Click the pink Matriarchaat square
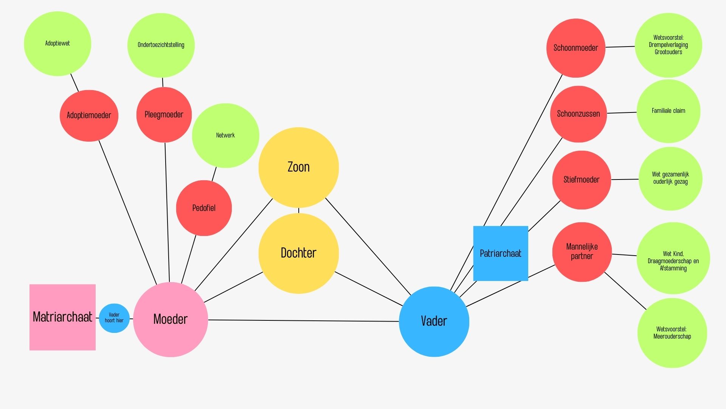tap(62, 317)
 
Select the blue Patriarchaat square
tap(500, 253)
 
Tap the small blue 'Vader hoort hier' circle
tap(114, 318)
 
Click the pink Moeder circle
tap(171, 319)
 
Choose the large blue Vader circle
tap(434, 322)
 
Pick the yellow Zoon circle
tap(298, 167)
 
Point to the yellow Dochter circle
tap(298, 253)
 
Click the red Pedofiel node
tap(204, 208)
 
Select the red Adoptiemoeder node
tap(89, 116)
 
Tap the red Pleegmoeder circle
tap(164, 115)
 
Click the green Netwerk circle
tap(225, 135)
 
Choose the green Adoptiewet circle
tap(57, 44)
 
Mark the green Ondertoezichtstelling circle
tap(161, 45)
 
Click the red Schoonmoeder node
tap(576, 48)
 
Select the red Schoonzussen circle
tap(578, 114)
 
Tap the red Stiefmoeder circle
tap(581, 180)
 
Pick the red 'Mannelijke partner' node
tap(582, 252)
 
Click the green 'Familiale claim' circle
tap(668, 111)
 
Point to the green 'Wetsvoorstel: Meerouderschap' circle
tap(672, 333)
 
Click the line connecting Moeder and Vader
tap(302, 321)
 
